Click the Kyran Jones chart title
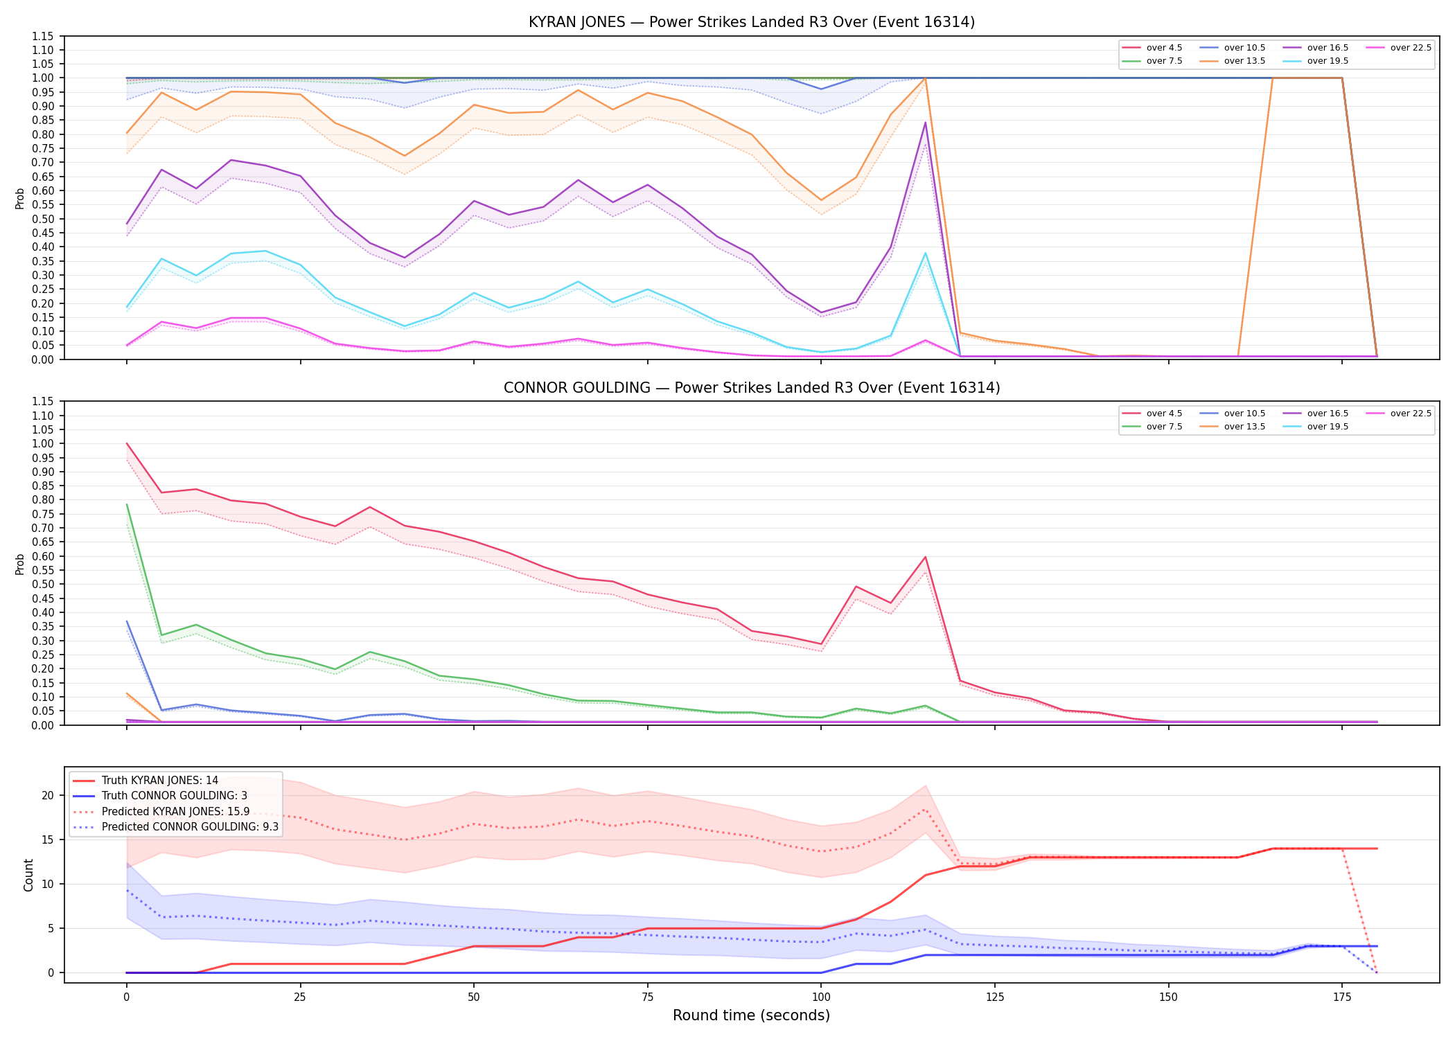click(752, 22)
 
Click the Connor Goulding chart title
click(752, 388)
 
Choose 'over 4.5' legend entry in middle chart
click(1152, 414)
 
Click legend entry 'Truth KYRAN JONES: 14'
click(145, 781)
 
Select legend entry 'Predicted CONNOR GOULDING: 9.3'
click(175, 827)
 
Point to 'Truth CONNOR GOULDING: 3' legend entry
click(160, 796)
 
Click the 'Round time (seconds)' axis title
click(751, 1015)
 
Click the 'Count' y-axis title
click(28, 875)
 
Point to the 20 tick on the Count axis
click(48, 795)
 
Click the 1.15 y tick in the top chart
click(43, 36)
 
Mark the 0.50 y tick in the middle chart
click(43, 584)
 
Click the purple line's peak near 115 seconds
click(925, 123)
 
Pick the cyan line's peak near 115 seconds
click(925, 253)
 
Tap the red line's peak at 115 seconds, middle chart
click(925, 557)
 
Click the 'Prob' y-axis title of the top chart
click(20, 198)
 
